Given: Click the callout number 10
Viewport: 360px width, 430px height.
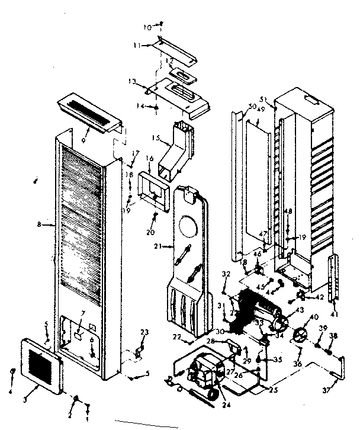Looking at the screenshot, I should click(147, 27).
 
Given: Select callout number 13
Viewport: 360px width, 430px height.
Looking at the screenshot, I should click(131, 82).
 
